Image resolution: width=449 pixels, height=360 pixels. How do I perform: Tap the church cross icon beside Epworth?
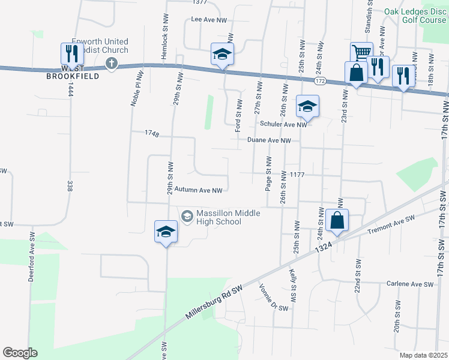(111, 63)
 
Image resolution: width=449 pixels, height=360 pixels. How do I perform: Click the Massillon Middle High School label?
(218, 217)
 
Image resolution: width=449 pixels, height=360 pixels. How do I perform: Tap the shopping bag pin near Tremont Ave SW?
(337, 220)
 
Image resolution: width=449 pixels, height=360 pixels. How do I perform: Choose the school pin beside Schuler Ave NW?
(307, 107)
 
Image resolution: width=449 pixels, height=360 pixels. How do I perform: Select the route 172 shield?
(319, 80)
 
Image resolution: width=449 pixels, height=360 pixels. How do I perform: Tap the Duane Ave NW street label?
(269, 140)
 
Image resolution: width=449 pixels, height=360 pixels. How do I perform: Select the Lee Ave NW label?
(209, 20)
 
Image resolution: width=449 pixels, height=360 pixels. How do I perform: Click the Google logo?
(20, 352)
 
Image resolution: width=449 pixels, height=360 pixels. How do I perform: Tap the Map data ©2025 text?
(424, 355)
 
